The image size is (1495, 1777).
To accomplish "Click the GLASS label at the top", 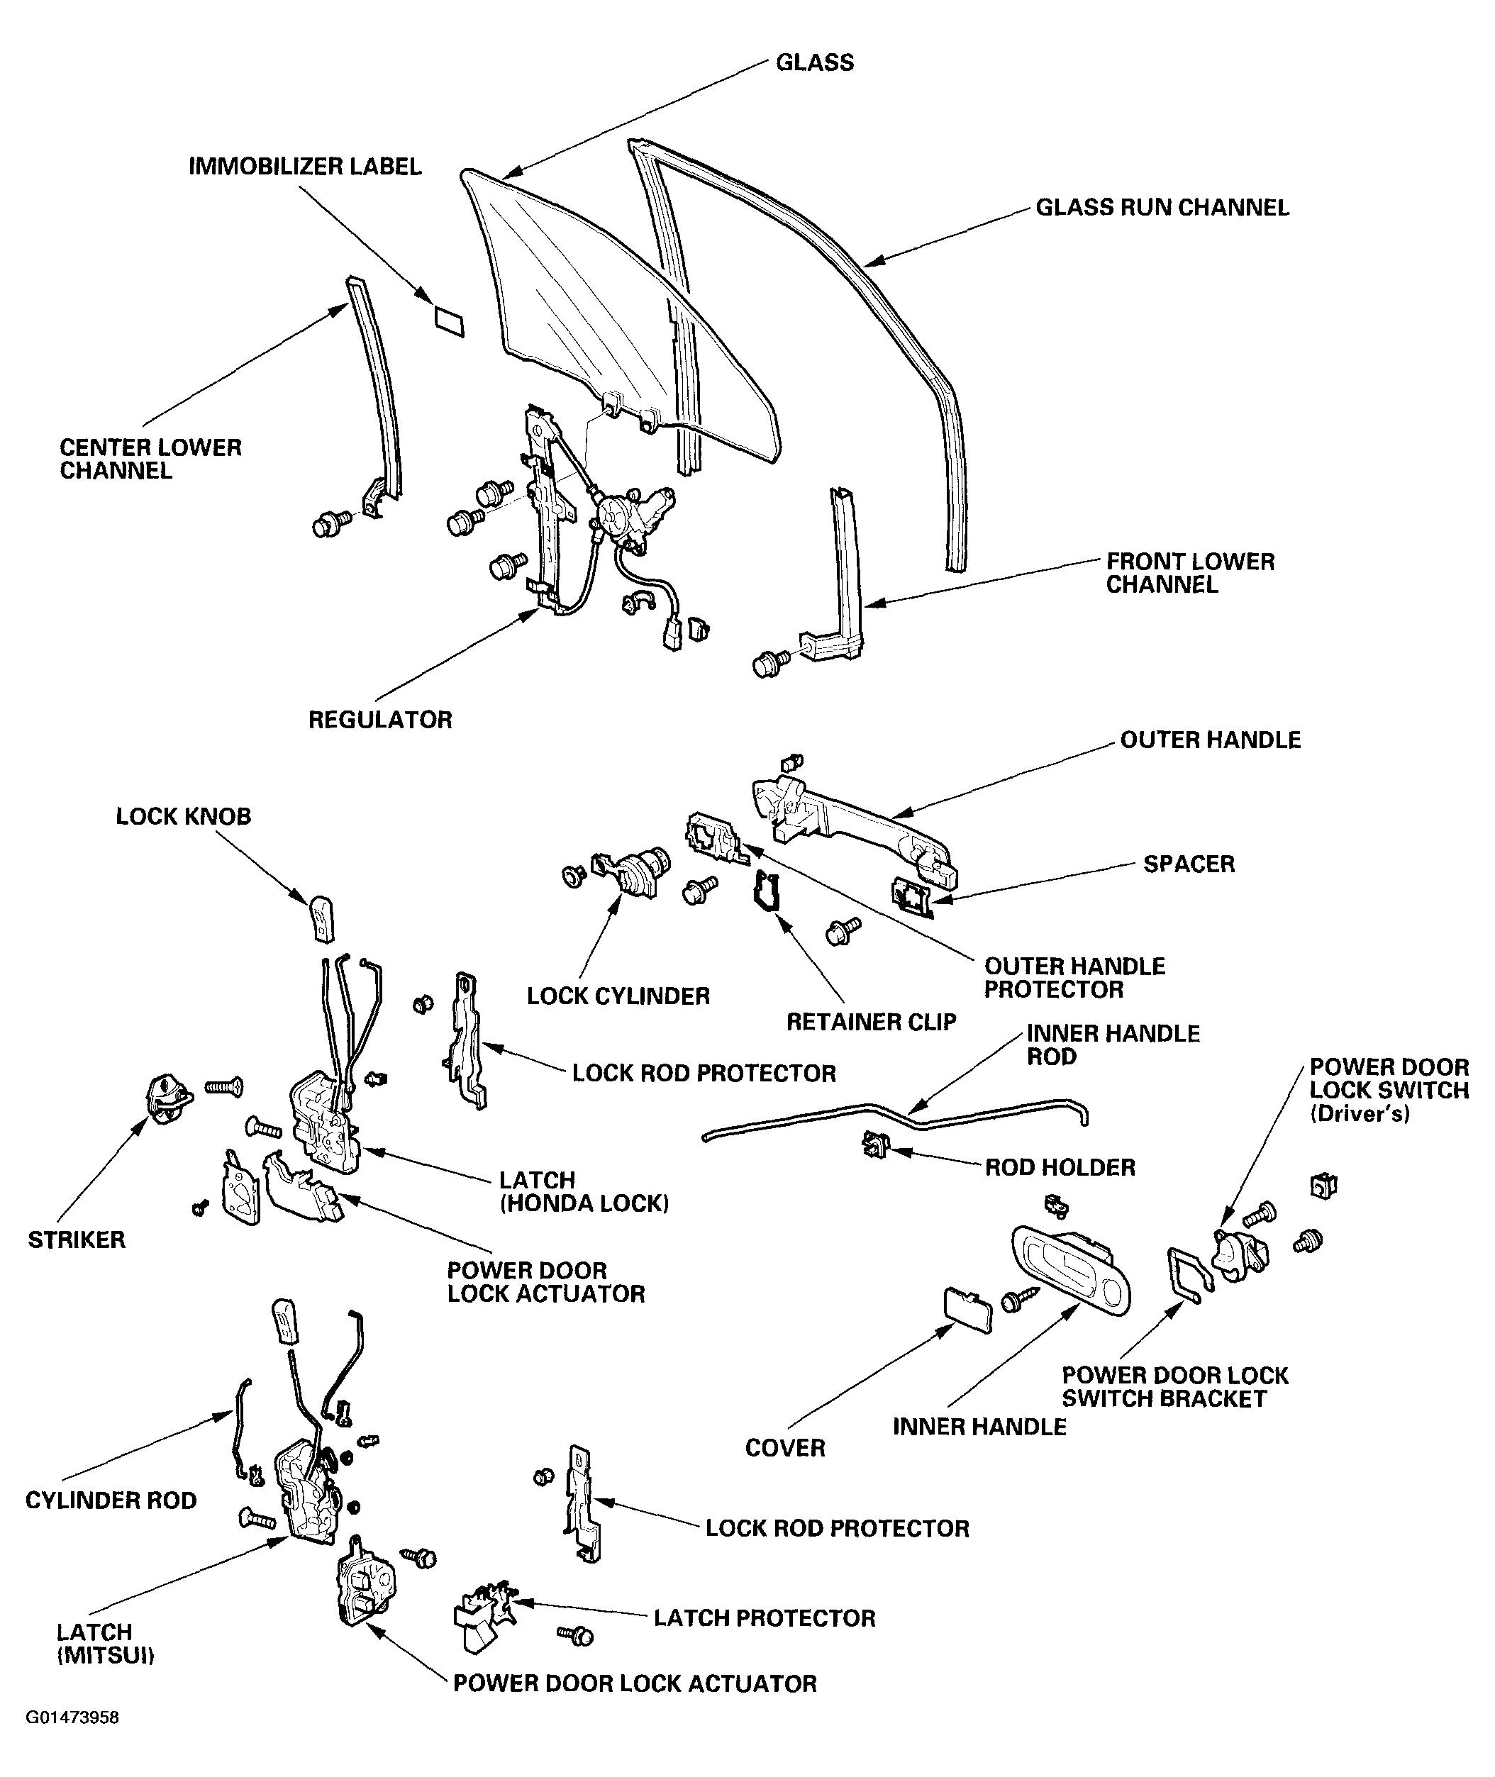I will [814, 62].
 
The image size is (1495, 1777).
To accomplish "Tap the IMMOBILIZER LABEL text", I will [304, 166].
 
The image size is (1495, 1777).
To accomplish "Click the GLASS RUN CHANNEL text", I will [1162, 208].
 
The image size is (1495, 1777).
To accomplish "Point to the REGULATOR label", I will [379, 720].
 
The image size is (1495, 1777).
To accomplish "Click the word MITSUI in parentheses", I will [106, 1656].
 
